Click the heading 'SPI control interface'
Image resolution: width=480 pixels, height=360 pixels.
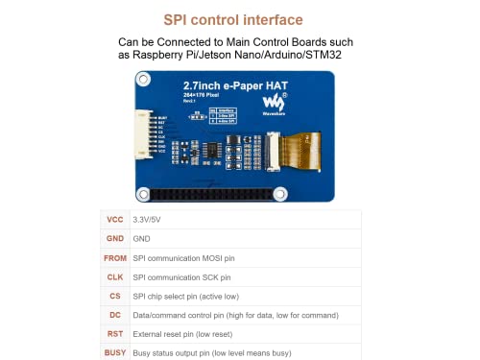point(239,19)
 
